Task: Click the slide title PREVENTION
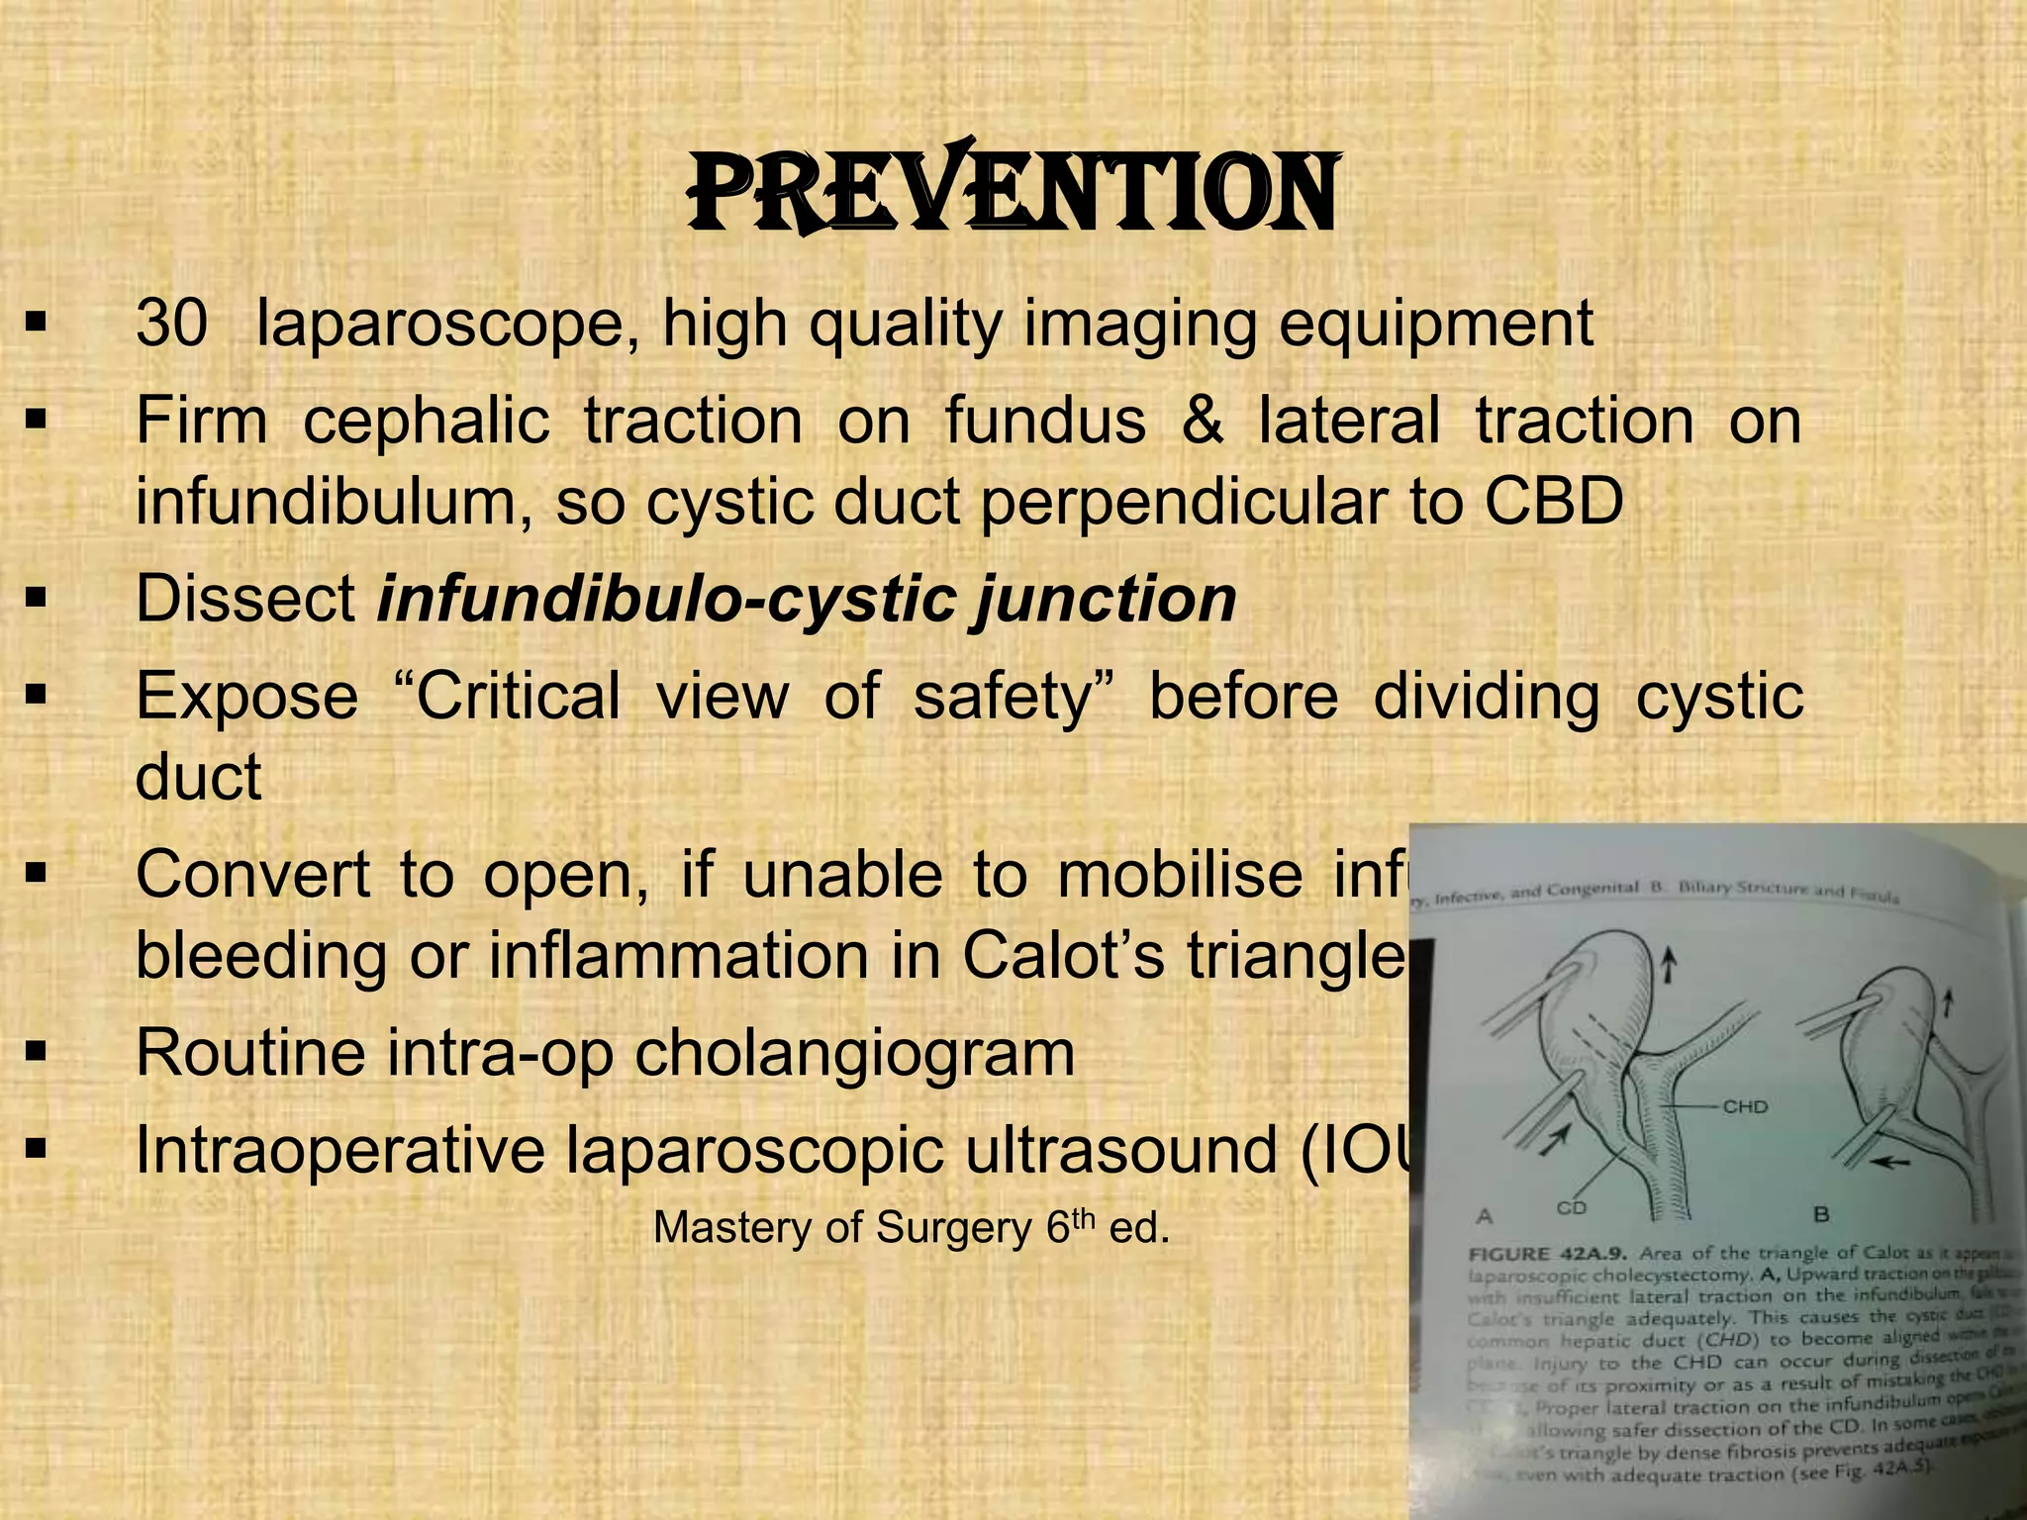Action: coord(1012,194)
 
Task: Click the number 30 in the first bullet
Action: coord(171,323)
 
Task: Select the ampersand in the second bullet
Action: coord(1202,421)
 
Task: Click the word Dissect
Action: coord(245,599)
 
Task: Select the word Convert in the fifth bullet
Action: coord(252,875)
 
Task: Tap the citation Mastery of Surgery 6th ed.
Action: coord(912,1228)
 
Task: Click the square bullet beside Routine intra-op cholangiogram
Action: coord(37,1053)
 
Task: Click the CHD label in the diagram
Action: coord(1745,1106)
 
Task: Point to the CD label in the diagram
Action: coord(1571,1207)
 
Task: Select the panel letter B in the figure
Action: coord(1820,1214)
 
